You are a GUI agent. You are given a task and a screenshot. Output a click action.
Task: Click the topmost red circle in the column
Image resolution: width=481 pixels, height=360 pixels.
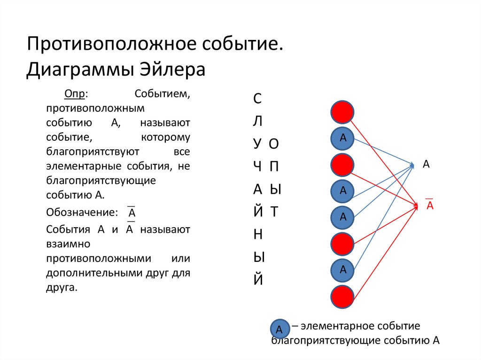coord(342,112)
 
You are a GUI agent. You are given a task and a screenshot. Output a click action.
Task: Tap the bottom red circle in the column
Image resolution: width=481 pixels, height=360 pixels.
coord(342,296)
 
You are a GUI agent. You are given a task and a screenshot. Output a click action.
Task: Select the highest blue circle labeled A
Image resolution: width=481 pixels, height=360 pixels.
coord(343,138)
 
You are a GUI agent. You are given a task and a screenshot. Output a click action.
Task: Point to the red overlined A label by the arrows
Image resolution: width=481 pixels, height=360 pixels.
coord(429,206)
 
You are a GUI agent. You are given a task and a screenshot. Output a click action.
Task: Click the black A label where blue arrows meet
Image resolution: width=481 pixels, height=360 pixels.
coord(427,164)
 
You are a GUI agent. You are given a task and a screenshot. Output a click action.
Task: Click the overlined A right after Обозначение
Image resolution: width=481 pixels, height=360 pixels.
coord(132,214)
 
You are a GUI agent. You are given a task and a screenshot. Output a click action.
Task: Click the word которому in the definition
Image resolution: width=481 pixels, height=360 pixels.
coord(165,138)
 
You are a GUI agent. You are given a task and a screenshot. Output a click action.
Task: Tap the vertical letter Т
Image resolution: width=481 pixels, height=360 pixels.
coord(275,212)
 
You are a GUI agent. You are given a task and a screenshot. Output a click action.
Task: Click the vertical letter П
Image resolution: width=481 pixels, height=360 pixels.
coord(275,167)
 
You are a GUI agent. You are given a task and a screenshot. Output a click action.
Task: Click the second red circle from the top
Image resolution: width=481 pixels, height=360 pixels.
coord(342,164)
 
